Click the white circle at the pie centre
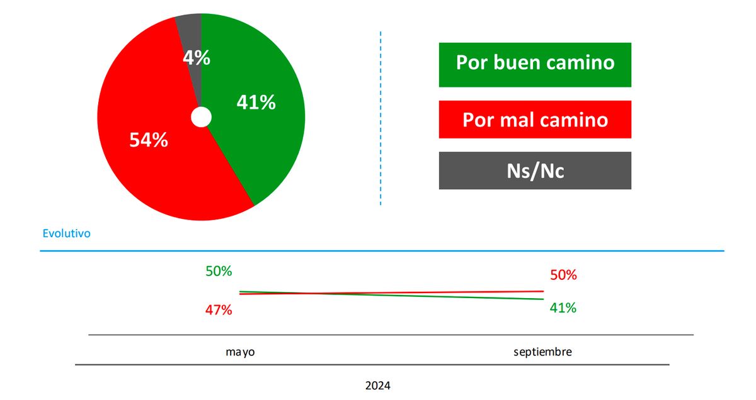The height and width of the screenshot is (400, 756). coord(201,117)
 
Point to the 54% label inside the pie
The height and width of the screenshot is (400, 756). coord(149,140)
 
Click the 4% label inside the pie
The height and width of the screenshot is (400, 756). coord(197,58)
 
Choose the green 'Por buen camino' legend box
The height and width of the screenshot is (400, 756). coord(535,64)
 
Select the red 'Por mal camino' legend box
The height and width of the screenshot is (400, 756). coord(535,119)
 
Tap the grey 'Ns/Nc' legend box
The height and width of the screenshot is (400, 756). coord(535,170)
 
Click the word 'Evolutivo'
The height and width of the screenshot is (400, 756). coord(66,233)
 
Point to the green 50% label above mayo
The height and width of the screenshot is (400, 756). coord(219,272)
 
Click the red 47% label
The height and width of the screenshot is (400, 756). coord(219,310)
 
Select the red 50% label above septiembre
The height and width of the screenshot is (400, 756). coord(563,275)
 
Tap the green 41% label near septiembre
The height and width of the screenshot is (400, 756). coord(563,308)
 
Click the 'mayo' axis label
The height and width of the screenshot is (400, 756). coord(240,352)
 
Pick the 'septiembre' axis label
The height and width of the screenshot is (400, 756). coord(542,352)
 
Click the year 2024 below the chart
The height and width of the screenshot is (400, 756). coord(377,386)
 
